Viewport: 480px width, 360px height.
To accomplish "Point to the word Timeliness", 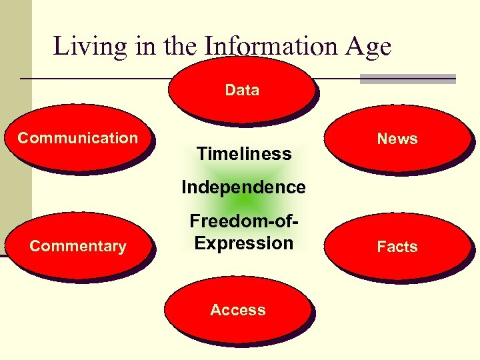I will (244, 154).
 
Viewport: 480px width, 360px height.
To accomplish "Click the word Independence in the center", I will (244, 187).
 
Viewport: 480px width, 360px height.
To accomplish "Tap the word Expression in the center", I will (244, 243).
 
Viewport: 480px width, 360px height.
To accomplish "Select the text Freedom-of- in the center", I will (243, 221).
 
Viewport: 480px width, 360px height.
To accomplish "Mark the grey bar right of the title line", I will (407, 79).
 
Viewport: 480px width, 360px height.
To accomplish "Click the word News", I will (397, 139).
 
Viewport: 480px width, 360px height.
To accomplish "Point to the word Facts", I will (397, 247).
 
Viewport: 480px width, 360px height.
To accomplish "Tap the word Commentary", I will (78, 246).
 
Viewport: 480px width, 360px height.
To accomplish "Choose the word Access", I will (238, 310).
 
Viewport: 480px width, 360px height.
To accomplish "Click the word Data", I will (242, 90).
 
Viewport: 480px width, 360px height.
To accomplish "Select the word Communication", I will (77, 138).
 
